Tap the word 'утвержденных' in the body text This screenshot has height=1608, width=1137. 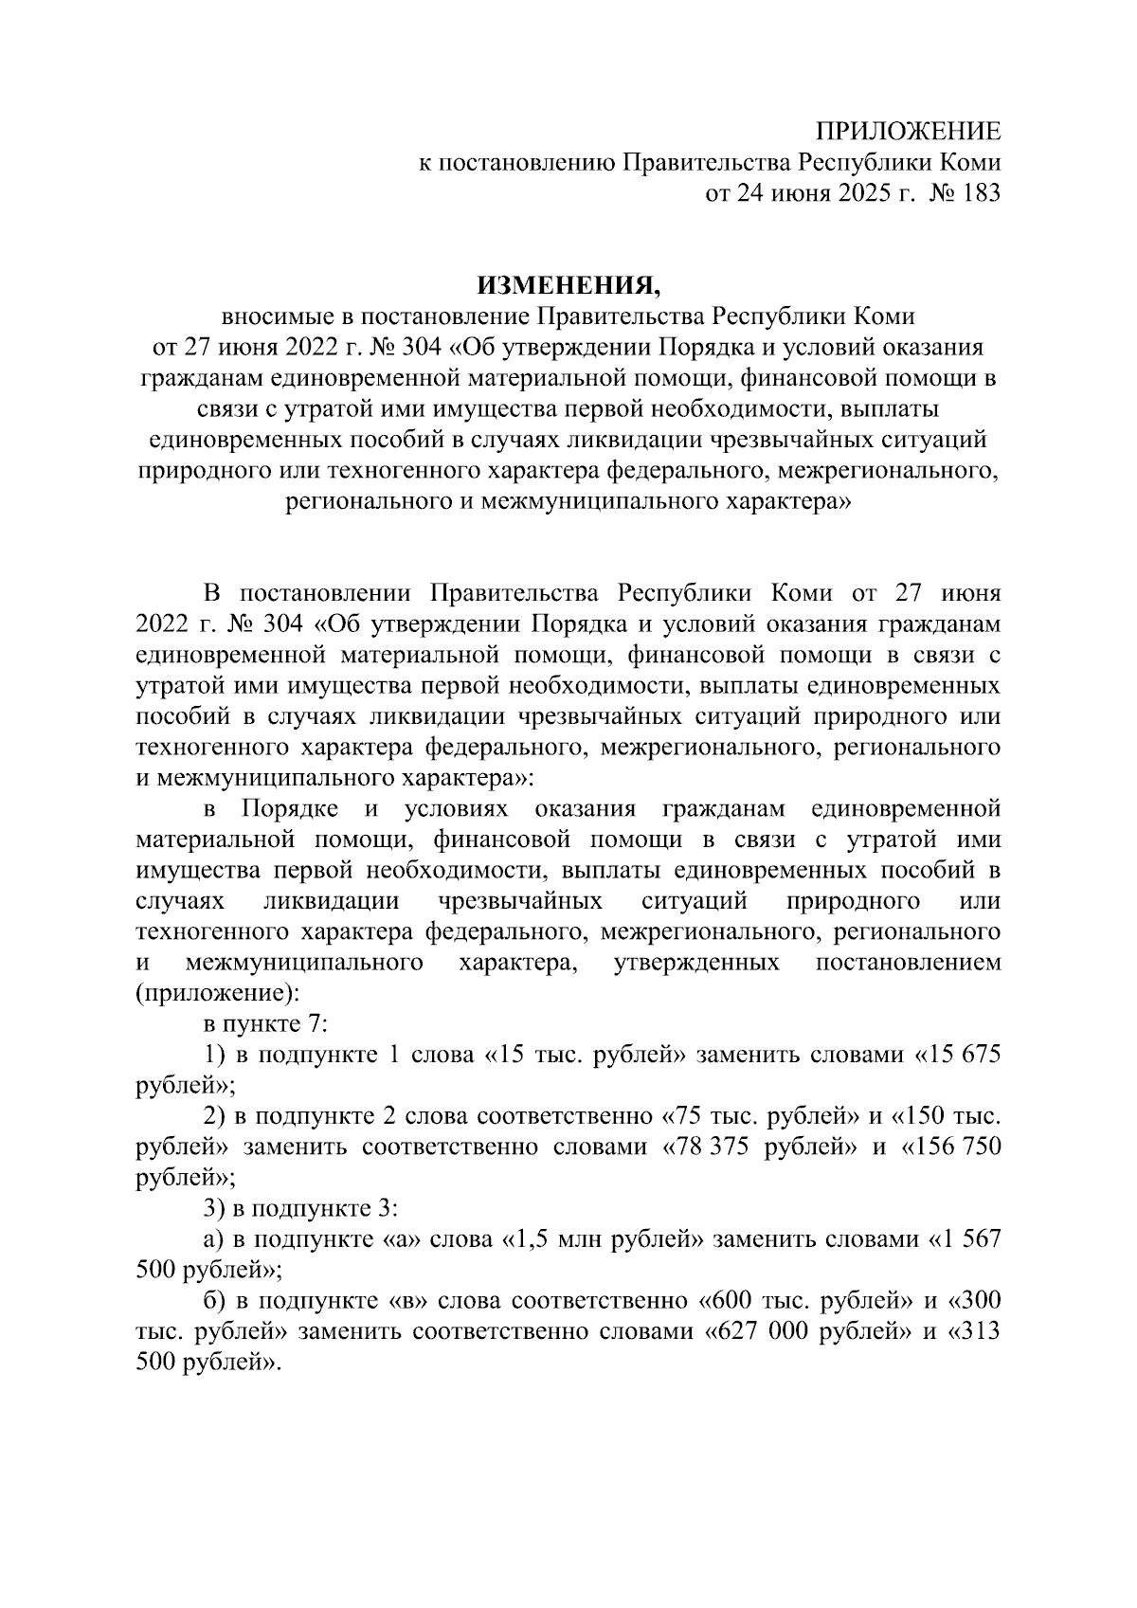(x=696, y=964)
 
